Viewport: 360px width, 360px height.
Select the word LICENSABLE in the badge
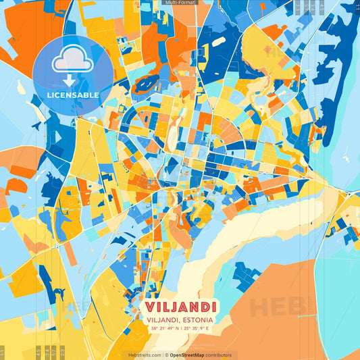pos(73,95)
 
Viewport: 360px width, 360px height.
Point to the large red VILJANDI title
pos(180,307)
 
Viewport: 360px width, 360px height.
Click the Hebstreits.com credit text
pos(145,355)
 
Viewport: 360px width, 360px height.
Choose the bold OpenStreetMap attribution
pos(188,355)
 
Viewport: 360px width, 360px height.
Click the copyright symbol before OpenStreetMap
pos(165,355)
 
